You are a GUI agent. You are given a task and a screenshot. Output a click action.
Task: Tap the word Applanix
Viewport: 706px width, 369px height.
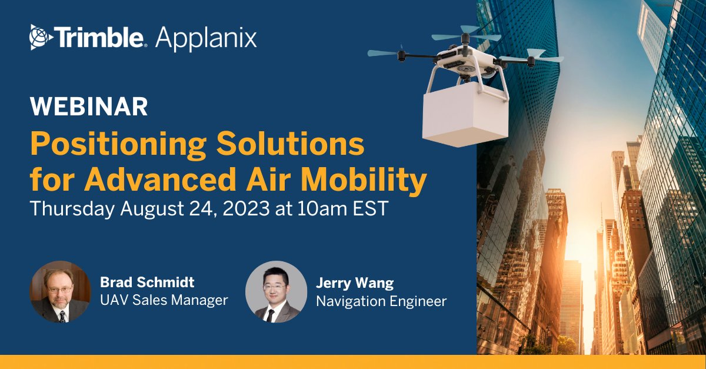pos(206,38)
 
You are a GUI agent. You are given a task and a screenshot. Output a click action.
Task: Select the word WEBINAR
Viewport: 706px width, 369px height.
pos(89,107)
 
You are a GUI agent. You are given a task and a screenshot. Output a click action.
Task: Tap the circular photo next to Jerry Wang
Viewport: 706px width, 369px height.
pos(276,292)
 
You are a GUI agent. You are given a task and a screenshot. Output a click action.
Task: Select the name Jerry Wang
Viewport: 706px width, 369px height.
pos(355,283)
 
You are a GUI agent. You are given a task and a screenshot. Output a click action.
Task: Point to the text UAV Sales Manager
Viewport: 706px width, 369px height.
pos(164,300)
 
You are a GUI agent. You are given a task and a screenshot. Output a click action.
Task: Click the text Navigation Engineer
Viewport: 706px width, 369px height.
pos(381,301)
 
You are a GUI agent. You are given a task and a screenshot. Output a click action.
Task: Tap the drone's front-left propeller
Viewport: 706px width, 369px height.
pos(386,52)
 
